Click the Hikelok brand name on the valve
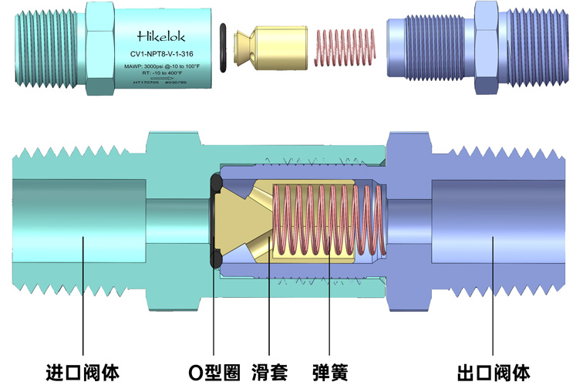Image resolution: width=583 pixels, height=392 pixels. click(160, 35)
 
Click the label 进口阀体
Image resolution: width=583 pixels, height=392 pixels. click(83, 373)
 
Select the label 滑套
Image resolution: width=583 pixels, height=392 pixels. click(269, 373)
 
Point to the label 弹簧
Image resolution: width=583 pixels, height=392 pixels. click(330, 373)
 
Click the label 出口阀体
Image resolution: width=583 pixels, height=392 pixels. click(494, 373)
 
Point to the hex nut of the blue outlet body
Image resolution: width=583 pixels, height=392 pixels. click(487, 48)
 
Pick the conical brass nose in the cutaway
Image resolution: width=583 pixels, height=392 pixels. click(234, 219)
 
